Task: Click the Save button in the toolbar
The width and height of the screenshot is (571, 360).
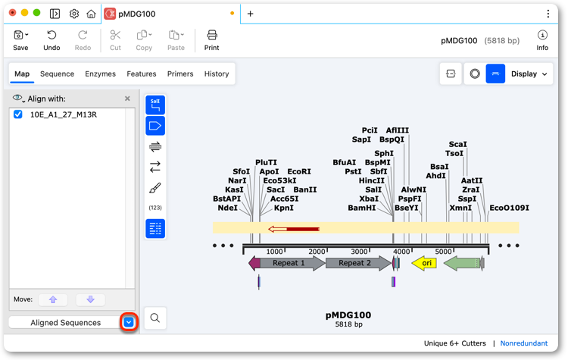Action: (20, 40)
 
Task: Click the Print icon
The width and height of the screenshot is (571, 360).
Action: (212, 36)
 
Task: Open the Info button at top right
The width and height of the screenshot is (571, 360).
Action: (542, 40)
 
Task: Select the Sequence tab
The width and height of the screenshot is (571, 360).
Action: (57, 74)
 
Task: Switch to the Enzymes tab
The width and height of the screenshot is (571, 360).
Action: (101, 74)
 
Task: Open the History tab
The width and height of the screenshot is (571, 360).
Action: (217, 74)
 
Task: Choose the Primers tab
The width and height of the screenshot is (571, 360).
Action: (180, 74)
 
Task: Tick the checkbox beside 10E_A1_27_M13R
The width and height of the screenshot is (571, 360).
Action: (18, 114)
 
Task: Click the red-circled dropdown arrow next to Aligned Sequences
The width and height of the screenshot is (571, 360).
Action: (129, 322)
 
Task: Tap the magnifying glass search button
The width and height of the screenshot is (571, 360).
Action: (155, 318)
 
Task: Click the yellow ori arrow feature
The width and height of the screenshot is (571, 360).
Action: (424, 263)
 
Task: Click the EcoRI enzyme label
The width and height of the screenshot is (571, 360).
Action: (299, 171)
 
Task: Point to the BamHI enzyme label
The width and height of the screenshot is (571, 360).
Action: (362, 208)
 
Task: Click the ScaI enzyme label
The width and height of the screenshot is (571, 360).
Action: (457, 144)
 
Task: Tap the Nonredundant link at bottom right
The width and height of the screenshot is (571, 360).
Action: (523, 343)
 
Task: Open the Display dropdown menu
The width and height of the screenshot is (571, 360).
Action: (529, 74)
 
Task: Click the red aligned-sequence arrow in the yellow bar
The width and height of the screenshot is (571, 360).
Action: (294, 229)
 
